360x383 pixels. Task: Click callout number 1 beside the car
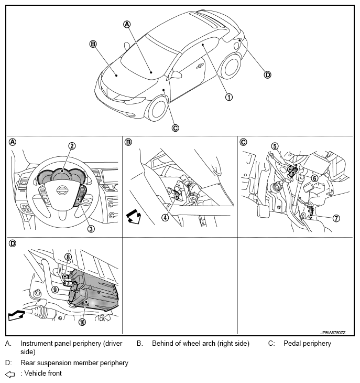[x=229, y=97]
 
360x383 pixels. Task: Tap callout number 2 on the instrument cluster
[x=72, y=146]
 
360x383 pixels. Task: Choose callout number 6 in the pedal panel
[x=314, y=178]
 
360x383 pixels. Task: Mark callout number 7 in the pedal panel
[x=321, y=218]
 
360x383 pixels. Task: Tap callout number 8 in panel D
[x=68, y=257]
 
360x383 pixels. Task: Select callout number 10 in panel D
[x=82, y=322]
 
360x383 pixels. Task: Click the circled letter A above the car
[x=126, y=24]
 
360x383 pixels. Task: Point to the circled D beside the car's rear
[x=268, y=75]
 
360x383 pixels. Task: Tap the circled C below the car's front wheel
[x=175, y=127]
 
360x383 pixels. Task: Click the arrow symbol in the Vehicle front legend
[x=9, y=374]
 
